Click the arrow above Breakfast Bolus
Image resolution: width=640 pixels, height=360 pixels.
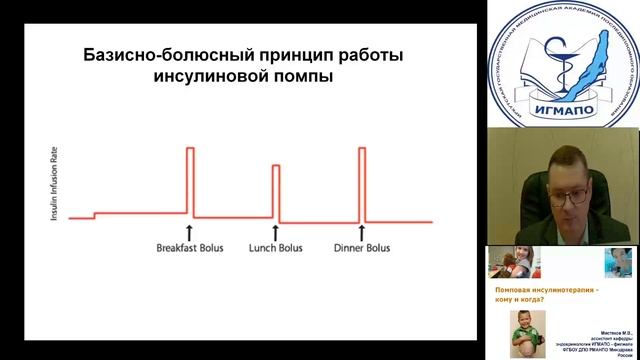coord(189,230)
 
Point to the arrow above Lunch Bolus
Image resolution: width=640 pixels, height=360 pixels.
coord(275,230)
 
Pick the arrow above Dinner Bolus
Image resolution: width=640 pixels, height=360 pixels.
coord(361,230)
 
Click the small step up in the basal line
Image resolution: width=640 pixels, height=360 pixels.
coord(94,214)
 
